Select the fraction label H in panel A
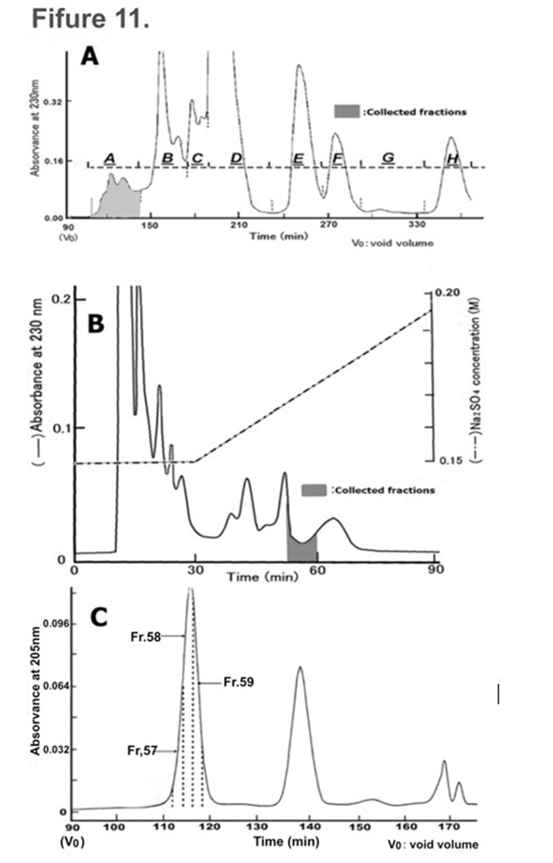pyautogui.click(x=452, y=156)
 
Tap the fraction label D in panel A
pyautogui.click(x=236, y=156)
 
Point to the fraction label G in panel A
pyautogui.click(x=387, y=156)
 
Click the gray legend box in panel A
pyautogui.click(x=343, y=112)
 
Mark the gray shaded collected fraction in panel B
pyautogui.click(x=301, y=547)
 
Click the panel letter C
pyautogui.click(x=98, y=616)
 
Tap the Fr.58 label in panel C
pyautogui.click(x=146, y=634)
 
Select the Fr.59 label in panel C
pyautogui.click(x=237, y=682)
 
